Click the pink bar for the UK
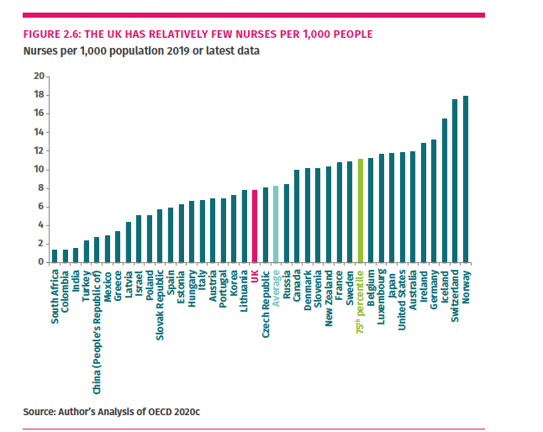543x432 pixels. click(x=255, y=226)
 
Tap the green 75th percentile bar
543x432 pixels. click(x=360, y=210)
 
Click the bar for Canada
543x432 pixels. click(x=297, y=216)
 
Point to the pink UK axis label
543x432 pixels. click(x=255, y=277)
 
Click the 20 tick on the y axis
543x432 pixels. click(x=39, y=76)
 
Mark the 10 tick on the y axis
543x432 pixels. click(x=39, y=169)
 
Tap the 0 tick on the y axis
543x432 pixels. click(x=41, y=262)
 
